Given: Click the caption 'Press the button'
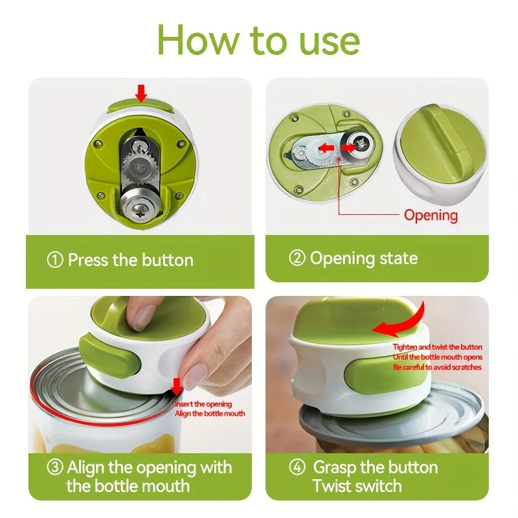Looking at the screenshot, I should click(129, 260).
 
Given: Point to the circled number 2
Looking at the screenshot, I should click(297, 258).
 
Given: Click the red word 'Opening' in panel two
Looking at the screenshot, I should click(431, 215).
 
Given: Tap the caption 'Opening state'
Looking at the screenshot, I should click(363, 258).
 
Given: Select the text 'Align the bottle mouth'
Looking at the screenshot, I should click(210, 413).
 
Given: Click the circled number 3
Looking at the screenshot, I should click(56, 467).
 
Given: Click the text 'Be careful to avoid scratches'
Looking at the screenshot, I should click(438, 367).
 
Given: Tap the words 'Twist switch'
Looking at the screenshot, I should click(357, 486).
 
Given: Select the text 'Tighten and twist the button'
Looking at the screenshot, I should click(438, 348).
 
